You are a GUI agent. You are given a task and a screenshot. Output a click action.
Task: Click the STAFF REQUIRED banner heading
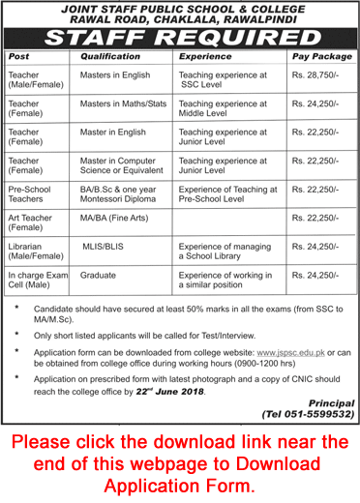click(180, 39)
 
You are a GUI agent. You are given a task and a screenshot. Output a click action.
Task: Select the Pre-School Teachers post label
click(34, 183)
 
